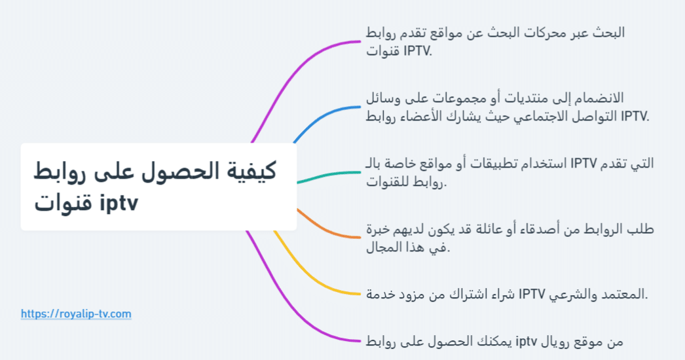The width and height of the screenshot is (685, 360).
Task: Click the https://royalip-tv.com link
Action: click(x=76, y=314)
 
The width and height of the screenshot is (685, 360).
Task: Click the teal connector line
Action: click(x=327, y=175)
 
